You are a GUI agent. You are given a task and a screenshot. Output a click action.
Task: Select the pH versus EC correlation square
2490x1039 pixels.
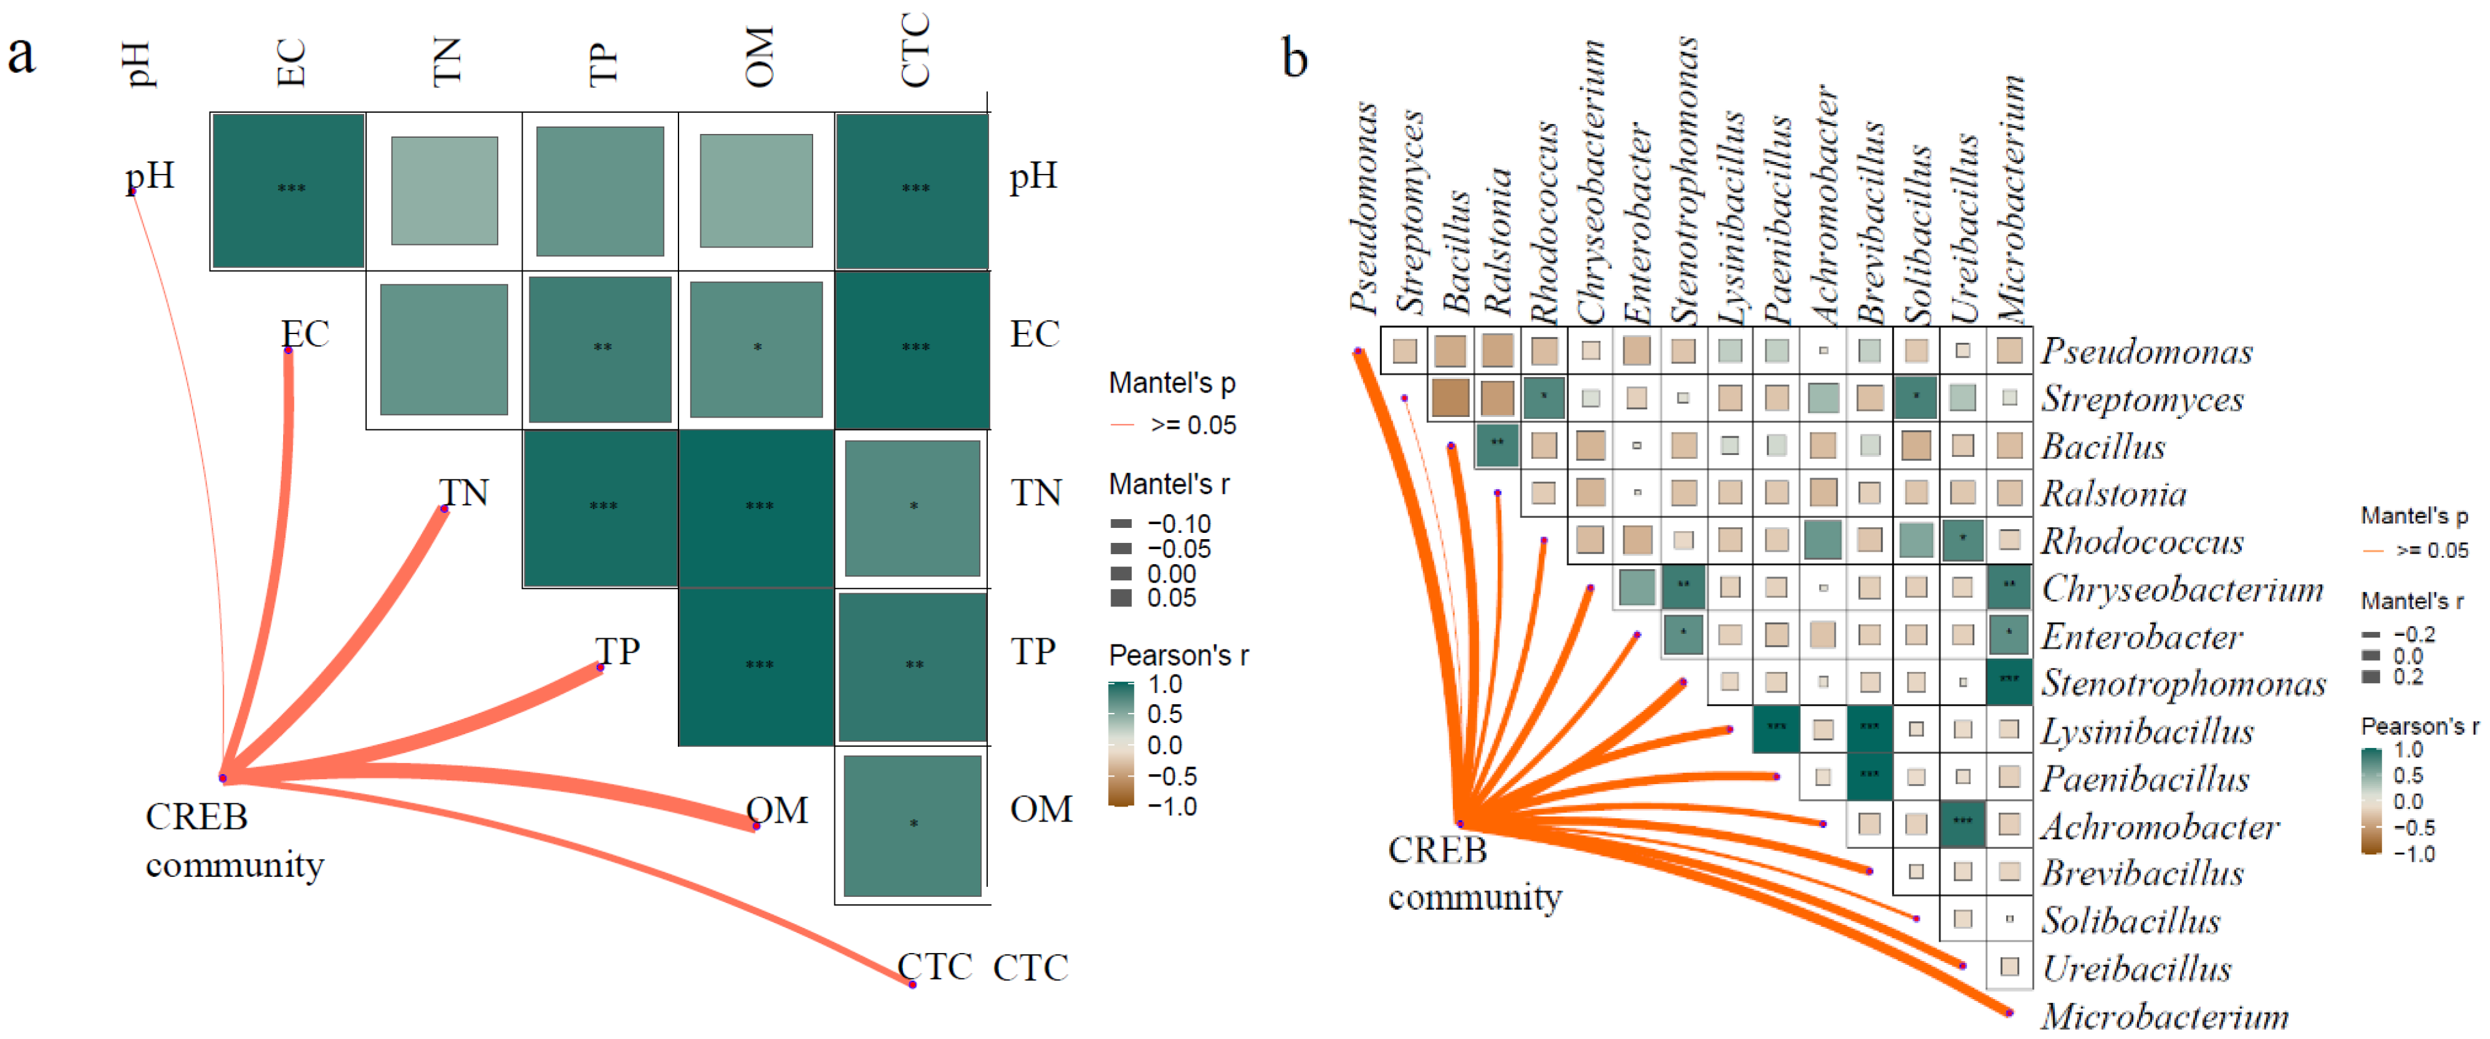tap(288, 190)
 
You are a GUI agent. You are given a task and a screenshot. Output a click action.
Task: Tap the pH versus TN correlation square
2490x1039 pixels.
tap(445, 190)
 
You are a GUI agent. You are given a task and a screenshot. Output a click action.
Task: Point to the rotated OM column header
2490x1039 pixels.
tap(760, 58)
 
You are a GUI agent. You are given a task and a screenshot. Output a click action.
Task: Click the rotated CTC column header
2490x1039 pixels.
tap(914, 50)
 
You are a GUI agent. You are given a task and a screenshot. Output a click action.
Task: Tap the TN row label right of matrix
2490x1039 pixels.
tap(1036, 494)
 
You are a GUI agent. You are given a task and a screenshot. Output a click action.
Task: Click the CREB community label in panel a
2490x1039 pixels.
tap(234, 841)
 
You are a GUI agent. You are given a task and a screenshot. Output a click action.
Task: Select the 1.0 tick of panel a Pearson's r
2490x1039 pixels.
tap(1165, 684)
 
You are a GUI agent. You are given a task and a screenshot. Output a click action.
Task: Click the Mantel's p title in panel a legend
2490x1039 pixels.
tap(1172, 384)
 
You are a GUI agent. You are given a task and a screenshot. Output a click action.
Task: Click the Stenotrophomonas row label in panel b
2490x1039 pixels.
tap(2183, 683)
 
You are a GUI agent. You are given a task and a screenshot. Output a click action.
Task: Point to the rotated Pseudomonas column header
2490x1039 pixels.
tap(1364, 208)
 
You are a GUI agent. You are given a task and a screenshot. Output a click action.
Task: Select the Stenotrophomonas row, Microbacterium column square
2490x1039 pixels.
tap(2009, 681)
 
